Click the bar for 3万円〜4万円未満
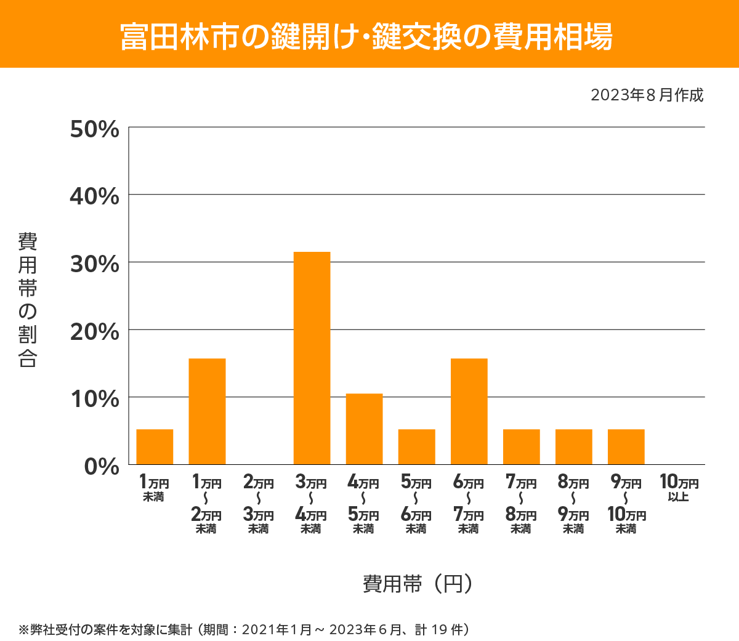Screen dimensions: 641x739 pos(312,358)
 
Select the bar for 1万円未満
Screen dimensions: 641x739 pos(155,446)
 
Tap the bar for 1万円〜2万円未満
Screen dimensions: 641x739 pos(207,411)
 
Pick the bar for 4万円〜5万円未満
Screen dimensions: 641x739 pos(364,429)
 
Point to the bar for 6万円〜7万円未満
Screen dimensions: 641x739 pos(469,411)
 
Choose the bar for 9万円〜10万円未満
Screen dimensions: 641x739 pos(626,446)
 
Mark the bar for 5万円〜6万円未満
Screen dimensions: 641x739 pos(416,446)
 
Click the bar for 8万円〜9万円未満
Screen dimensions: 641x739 pos(573,446)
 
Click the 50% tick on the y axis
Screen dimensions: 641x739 pos(95,129)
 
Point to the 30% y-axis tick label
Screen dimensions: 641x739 pos(95,264)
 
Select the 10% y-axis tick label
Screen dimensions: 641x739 pos(95,399)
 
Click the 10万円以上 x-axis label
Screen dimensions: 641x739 pos(679,488)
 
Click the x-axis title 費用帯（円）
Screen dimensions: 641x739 pos(418,583)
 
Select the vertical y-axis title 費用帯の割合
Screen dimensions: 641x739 pos(28,300)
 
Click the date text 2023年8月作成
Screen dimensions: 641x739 pos(647,95)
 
